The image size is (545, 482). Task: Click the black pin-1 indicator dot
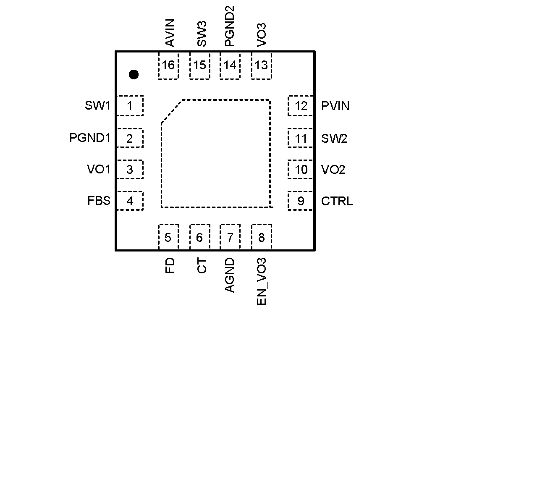click(x=134, y=75)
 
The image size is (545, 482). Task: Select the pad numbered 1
click(x=130, y=106)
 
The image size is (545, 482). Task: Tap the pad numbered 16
click(x=168, y=65)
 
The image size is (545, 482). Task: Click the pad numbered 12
click(x=301, y=106)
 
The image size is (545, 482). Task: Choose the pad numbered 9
click(x=301, y=201)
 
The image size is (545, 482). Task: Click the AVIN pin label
click(x=170, y=33)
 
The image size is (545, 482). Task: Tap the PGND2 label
click(x=230, y=26)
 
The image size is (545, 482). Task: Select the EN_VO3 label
click(x=262, y=281)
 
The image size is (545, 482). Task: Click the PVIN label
click(x=335, y=106)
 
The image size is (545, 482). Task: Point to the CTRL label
click(x=337, y=201)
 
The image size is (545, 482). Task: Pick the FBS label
click(x=99, y=201)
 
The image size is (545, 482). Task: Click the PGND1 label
click(x=89, y=138)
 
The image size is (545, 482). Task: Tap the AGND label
click(x=230, y=275)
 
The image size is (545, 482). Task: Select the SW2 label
click(x=334, y=138)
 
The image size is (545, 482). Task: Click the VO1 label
click(x=98, y=169)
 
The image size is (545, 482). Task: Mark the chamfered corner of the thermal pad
click(x=171, y=112)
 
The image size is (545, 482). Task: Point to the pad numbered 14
click(x=230, y=65)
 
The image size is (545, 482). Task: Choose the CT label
click(x=202, y=266)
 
